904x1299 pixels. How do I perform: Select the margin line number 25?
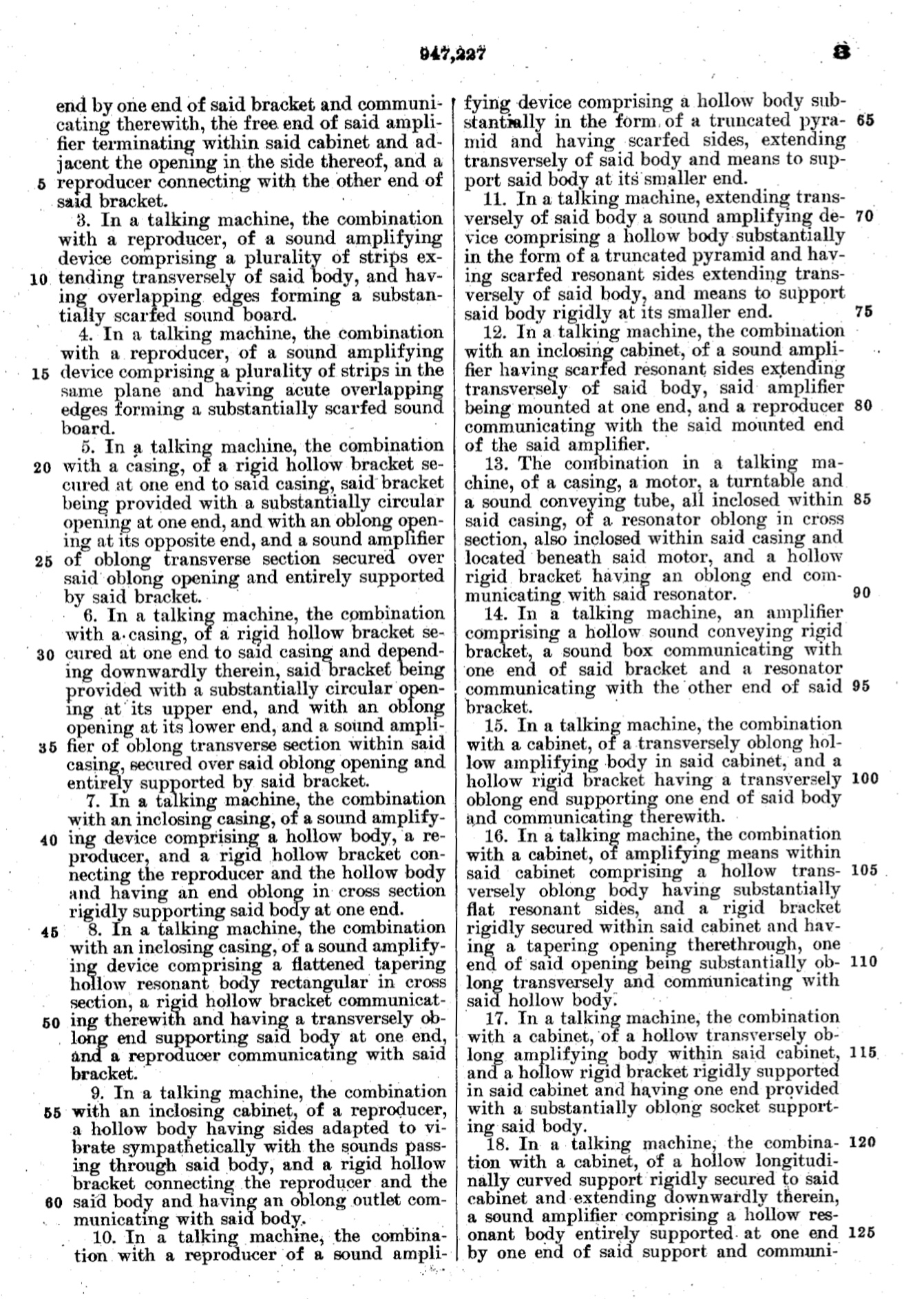(43, 560)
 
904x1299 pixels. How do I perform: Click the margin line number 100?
(865, 779)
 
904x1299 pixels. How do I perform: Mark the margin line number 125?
(863, 1233)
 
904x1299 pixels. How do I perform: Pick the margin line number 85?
(863, 500)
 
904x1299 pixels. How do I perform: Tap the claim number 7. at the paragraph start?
(95, 800)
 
